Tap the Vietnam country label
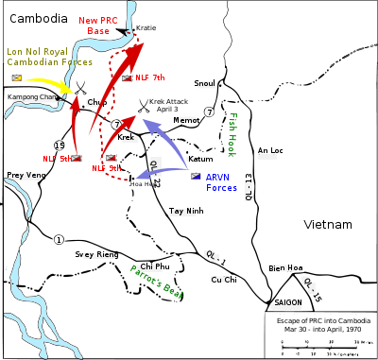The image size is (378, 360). click(328, 224)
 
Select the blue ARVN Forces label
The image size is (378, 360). click(222, 181)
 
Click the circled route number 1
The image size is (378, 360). click(59, 239)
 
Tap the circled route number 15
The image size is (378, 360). click(60, 144)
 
